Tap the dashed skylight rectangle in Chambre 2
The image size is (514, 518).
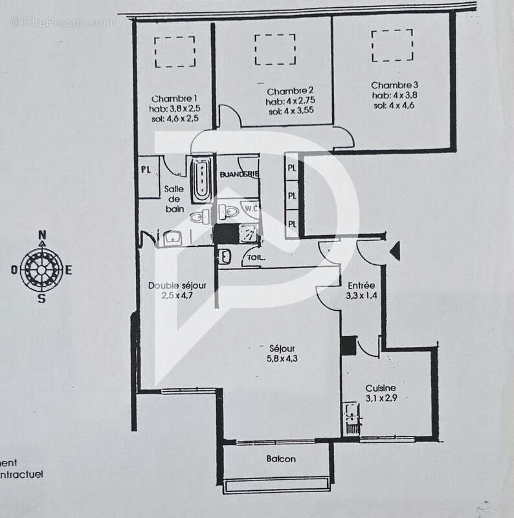pos(274,49)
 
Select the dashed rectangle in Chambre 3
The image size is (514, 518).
pos(392,45)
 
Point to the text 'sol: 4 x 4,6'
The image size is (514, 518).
pos(392,105)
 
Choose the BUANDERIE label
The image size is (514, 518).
pos(239,175)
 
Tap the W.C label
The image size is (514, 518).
pos(251,208)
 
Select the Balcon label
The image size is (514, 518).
pos(281,459)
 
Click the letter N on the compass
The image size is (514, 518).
pos(42,234)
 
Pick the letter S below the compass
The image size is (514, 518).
pos(42,298)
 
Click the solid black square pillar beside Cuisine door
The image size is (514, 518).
pos(348,346)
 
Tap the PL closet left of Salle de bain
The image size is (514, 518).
pos(147,170)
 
